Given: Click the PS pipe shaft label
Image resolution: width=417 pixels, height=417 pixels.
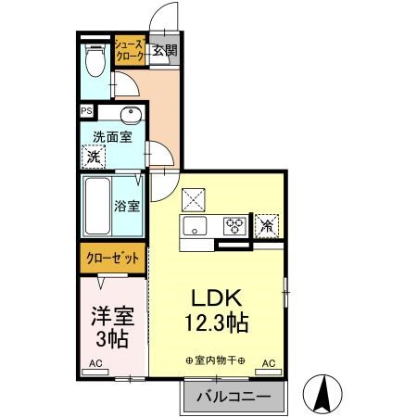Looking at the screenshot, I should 87,111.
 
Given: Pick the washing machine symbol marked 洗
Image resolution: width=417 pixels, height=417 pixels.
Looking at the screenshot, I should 94,157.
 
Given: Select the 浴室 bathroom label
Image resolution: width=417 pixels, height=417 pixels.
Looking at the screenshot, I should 127,206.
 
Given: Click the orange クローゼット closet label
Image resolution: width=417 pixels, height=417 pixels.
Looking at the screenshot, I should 110,257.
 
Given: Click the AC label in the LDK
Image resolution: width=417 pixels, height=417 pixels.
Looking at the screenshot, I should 270,362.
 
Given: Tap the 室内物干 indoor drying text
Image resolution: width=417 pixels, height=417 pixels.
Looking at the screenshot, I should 215,360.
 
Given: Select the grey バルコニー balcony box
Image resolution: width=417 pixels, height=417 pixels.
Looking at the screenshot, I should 233,397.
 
